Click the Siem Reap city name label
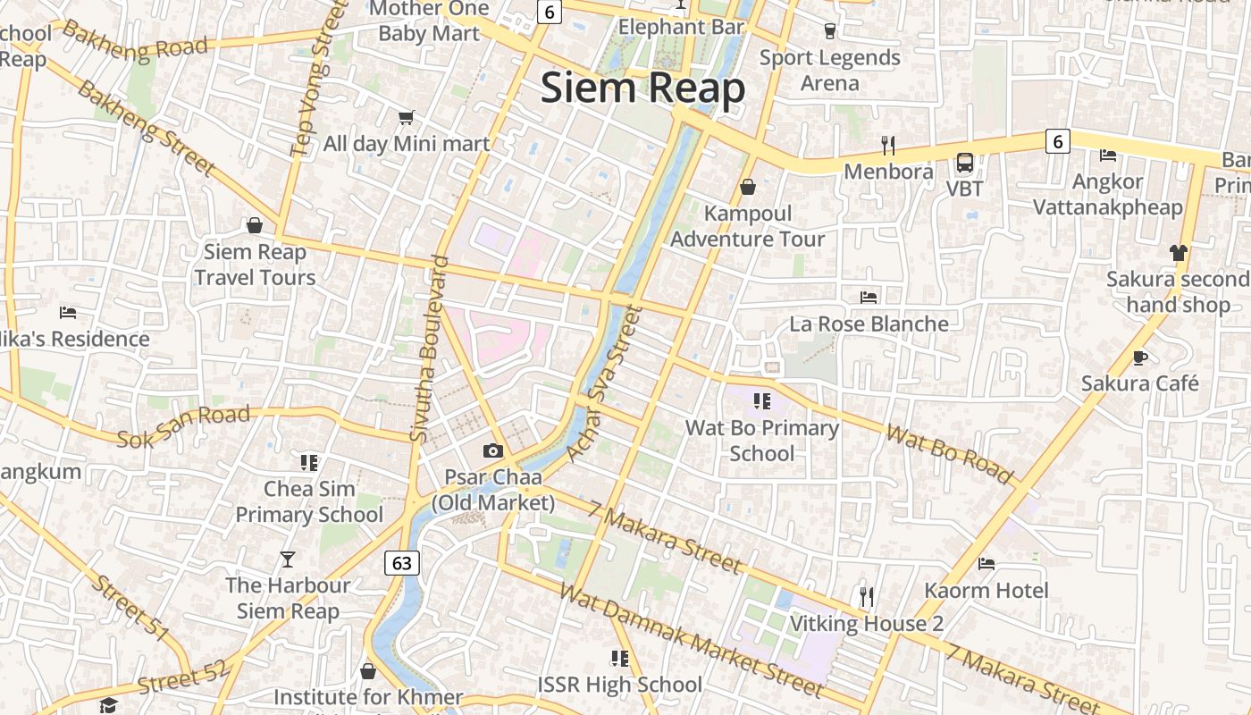click(x=642, y=88)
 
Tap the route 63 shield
click(x=402, y=562)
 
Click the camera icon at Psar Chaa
click(x=493, y=451)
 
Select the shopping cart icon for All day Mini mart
click(x=407, y=117)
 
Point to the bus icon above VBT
click(x=965, y=163)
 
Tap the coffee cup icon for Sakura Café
click(x=1140, y=357)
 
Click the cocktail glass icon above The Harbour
click(x=287, y=559)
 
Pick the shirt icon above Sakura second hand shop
click(x=1178, y=253)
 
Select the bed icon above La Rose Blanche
click(x=869, y=297)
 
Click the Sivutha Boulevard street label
click(x=429, y=349)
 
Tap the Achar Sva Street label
click(x=604, y=384)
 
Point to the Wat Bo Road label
click(x=950, y=454)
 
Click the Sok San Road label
click(x=183, y=426)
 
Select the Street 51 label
click(x=130, y=608)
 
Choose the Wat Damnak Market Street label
click(x=690, y=639)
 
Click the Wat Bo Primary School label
click(x=761, y=441)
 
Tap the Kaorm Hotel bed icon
click(x=987, y=563)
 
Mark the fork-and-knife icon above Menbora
click(x=887, y=145)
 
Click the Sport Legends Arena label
click(x=829, y=71)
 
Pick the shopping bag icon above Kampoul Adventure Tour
click(x=748, y=187)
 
